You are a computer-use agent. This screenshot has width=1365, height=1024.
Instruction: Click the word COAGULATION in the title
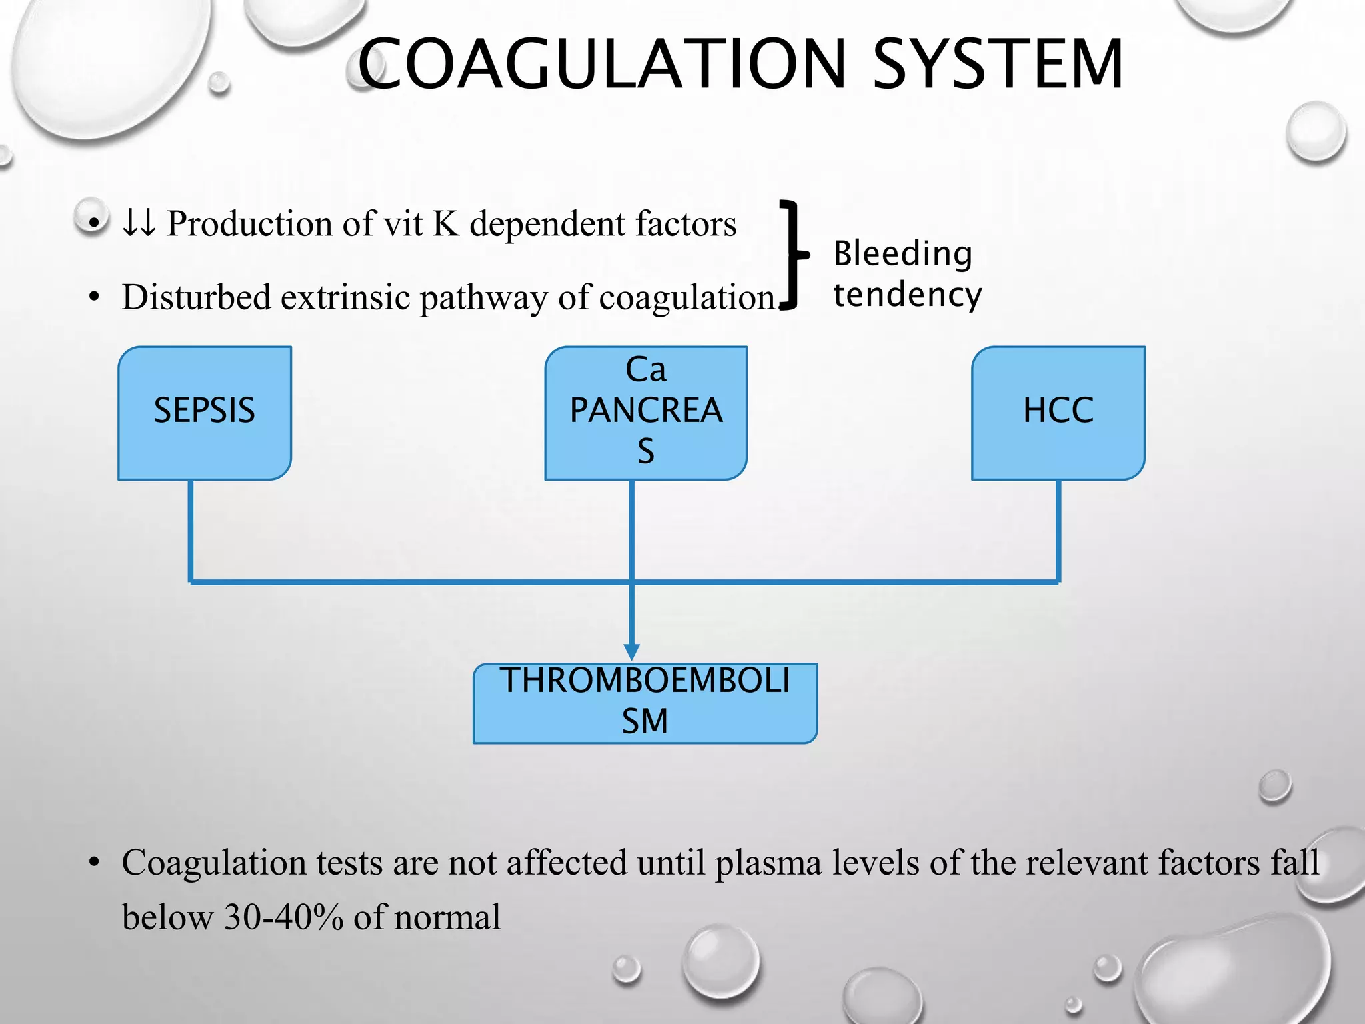pyautogui.click(x=602, y=64)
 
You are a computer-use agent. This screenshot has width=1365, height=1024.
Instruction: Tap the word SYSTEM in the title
pyautogui.click(x=998, y=64)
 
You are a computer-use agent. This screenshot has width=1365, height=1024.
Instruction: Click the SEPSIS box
pyautogui.click(x=205, y=413)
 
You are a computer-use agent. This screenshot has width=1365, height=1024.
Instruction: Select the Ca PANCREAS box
pyautogui.click(x=646, y=413)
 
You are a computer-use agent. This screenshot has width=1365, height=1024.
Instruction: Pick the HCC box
pyautogui.click(x=1058, y=413)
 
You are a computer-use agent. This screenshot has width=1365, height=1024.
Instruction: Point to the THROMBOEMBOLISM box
pyautogui.click(x=645, y=703)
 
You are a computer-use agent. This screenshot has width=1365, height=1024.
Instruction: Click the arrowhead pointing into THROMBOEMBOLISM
pyautogui.click(x=632, y=651)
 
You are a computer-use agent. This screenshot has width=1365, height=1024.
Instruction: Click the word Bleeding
pyautogui.click(x=903, y=254)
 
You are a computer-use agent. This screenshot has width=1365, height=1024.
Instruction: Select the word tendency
pyautogui.click(x=908, y=295)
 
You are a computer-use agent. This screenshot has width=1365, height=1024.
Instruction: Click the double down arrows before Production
pyautogui.click(x=139, y=223)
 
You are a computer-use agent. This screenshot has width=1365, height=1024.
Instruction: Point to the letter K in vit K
pyautogui.click(x=446, y=223)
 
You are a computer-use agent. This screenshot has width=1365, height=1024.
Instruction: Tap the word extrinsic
pyautogui.click(x=345, y=297)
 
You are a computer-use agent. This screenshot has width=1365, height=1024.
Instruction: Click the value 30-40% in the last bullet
pyautogui.click(x=283, y=917)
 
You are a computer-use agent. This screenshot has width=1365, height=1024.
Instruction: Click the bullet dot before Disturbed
pyautogui.click(x=94, y=297)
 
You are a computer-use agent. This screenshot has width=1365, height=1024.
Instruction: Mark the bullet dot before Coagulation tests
pyautogui.click(x=94, y=863)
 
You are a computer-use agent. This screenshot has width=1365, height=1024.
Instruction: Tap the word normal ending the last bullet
pyautogui.click(x=447, y=917)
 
